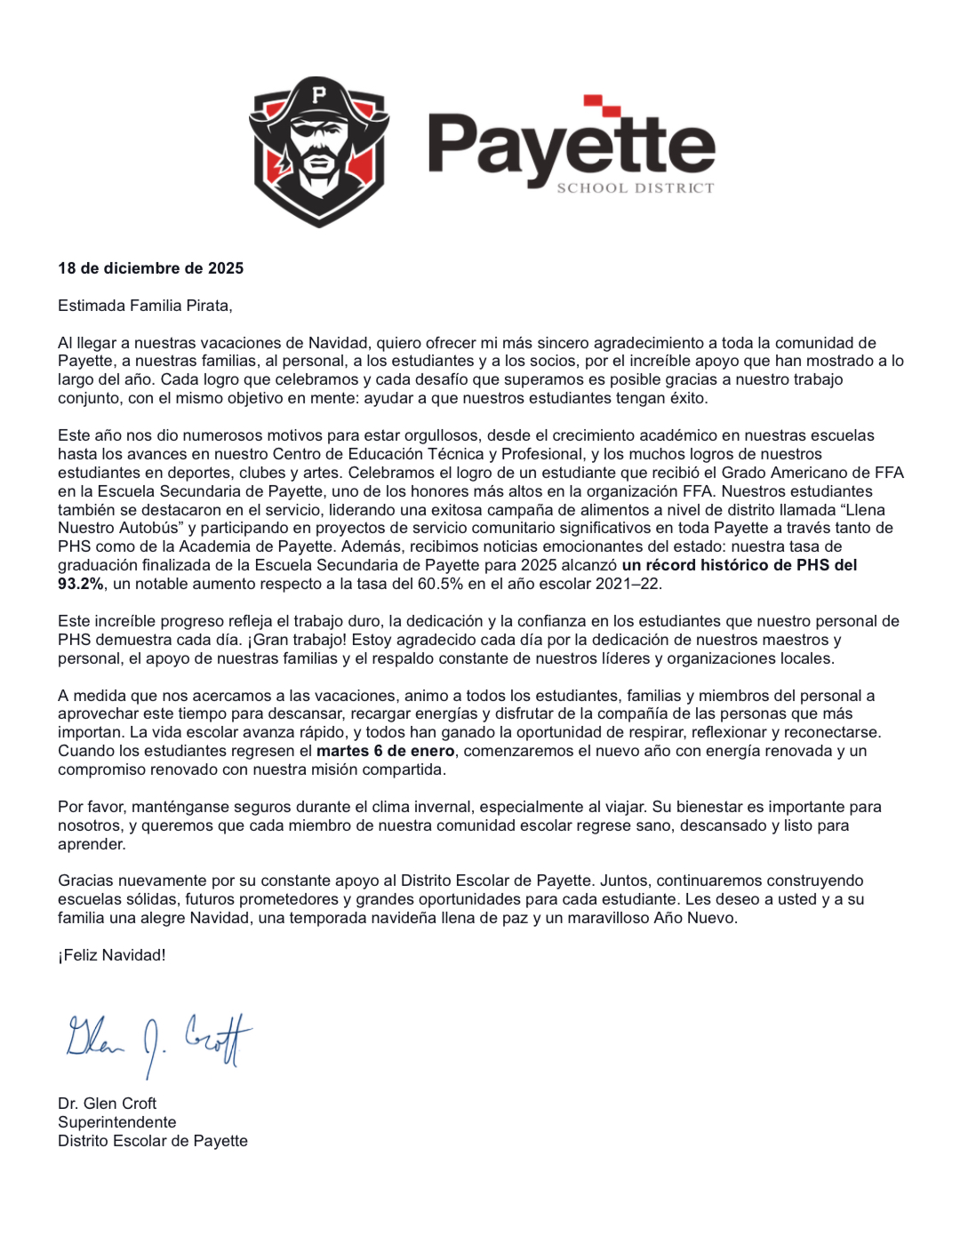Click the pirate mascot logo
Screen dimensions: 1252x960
[318, 151]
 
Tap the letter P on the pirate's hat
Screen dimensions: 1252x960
[319, 94]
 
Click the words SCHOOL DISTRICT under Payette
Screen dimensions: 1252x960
[635, 188]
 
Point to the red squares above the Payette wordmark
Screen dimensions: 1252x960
[603, 106]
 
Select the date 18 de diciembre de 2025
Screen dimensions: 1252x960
[150, 268]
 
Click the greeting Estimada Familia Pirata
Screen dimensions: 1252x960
[145, 306]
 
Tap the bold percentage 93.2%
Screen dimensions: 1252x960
[81, 584]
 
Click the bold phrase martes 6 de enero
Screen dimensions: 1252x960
[385, 751]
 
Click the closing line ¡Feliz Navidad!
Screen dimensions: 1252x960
[112, 955]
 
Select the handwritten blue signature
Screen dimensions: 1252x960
[158, 1041]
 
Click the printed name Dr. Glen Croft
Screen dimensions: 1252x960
[107, 1104]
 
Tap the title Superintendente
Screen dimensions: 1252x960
[116, 1122]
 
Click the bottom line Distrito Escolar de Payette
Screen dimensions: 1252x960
[152, 1141]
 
